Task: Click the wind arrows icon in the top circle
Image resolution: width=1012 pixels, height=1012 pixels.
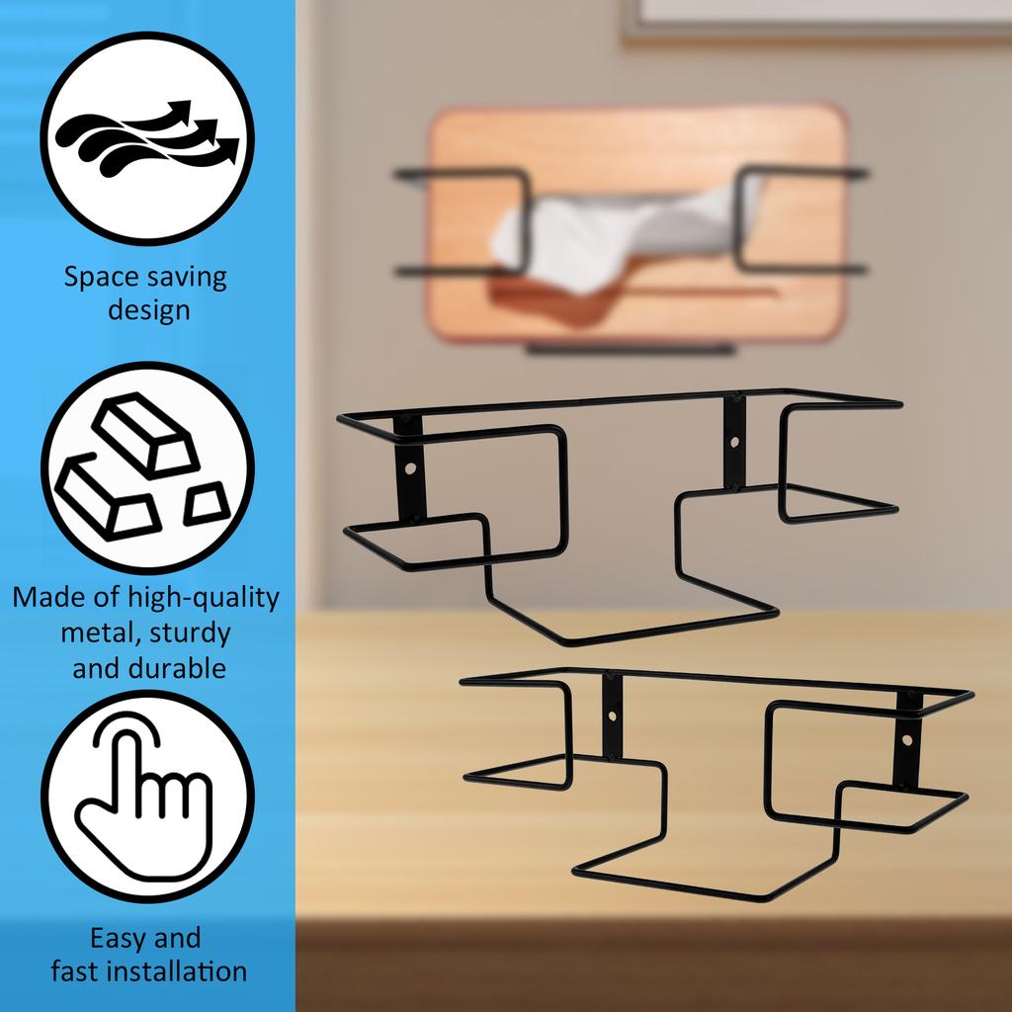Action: pos(148,138)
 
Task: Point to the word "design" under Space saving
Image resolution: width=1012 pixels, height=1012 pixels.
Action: pos(148,310)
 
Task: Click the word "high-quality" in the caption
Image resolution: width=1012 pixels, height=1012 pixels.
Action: pos(204,598)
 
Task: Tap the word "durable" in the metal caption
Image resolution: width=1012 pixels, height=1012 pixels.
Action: pos(177,668)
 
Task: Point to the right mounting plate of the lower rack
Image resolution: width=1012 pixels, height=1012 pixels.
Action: pos(907,741)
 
